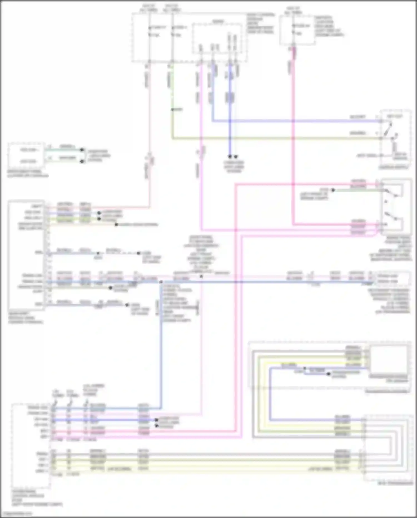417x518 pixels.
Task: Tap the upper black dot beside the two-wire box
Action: pos(82,150)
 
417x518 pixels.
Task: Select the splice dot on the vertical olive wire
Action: pos(172,110)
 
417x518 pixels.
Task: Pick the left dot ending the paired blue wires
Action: pos(230,157)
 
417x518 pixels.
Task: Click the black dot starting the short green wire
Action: pos(333,190)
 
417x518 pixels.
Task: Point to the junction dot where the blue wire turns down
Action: pos(161,282)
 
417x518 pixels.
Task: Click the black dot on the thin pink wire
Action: pos(201,276)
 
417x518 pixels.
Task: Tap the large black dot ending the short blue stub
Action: pos(329,374)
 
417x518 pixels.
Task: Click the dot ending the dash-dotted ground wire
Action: pos(138,253)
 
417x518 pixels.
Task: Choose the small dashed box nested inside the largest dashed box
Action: pos(217,38)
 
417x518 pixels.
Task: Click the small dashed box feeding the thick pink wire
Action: pos(297,30)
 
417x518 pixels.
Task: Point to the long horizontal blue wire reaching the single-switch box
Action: pos(295,121)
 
